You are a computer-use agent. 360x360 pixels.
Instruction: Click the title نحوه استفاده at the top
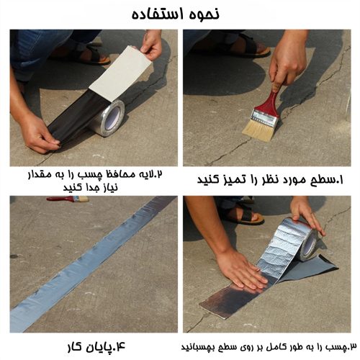point(176,14)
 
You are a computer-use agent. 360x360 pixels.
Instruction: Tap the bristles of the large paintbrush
point(259,130)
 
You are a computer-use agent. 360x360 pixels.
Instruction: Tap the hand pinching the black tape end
point(40,134)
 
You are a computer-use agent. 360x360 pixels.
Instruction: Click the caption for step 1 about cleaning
point(270,180)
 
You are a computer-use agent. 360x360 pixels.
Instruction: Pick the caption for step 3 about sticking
point(269,347)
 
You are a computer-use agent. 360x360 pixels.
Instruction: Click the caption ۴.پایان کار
point(96,347)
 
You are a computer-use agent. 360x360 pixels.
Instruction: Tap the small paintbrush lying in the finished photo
point(68,199)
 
